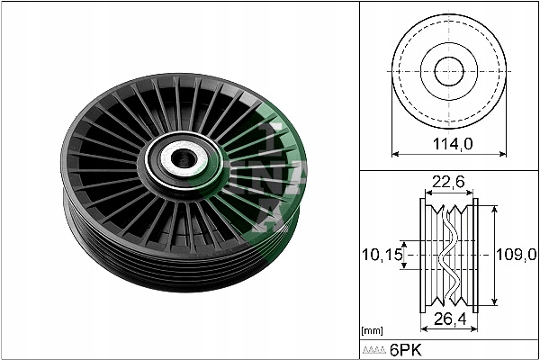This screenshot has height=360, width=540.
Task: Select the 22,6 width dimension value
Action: click(x=448, y=182)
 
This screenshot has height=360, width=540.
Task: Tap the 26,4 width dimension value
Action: click(x=450, y=319)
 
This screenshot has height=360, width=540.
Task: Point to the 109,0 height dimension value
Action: click(x=516, y=255)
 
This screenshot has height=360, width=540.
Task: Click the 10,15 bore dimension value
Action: click(x=382, y=255)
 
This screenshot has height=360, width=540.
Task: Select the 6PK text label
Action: click(x=405, y=350)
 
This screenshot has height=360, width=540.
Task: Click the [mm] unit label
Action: click(x=373, y=330)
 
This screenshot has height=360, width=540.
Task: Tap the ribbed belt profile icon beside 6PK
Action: click(x=373, y=350)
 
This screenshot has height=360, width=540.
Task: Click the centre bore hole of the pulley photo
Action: click(x=184, y=159)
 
